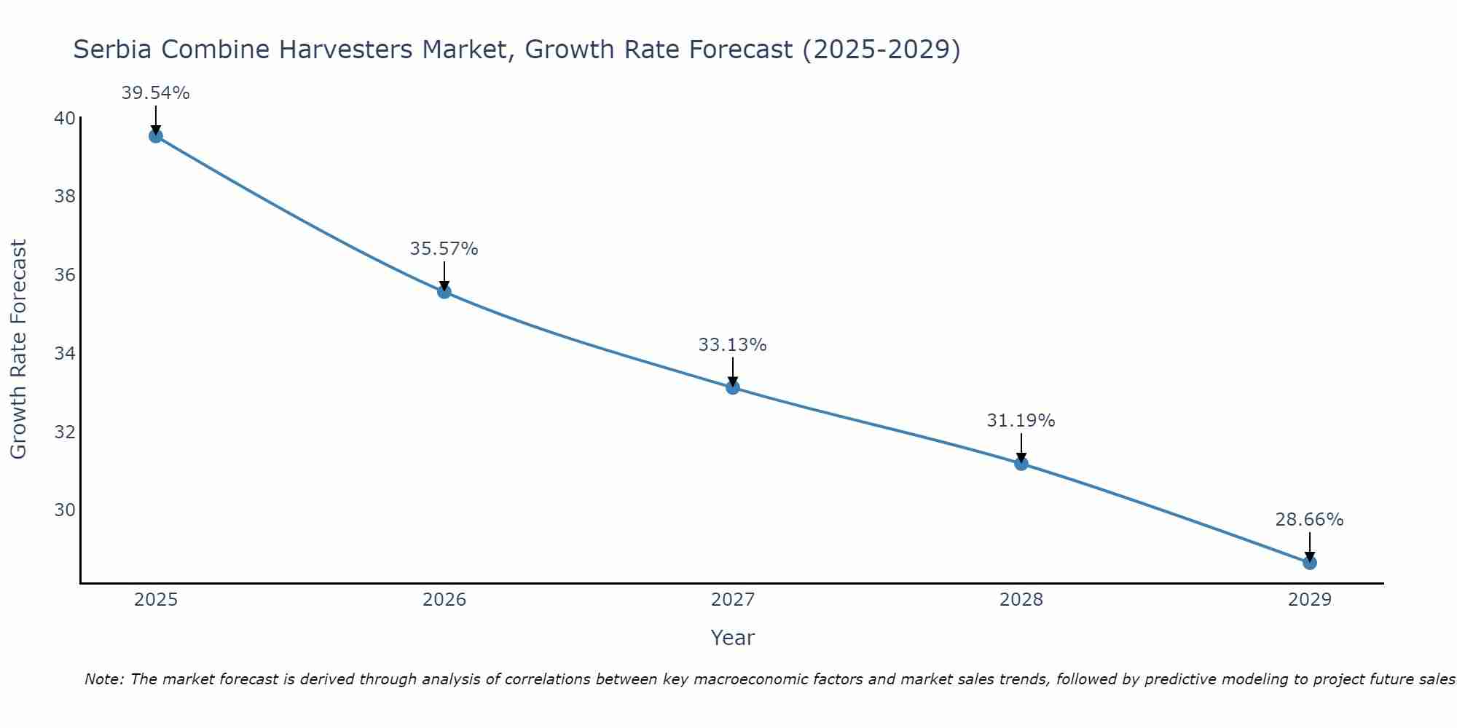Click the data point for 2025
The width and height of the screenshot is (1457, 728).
pyautogui.click(x=155, y=135)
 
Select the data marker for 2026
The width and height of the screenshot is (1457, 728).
pyautogui.click(x=444, y=292)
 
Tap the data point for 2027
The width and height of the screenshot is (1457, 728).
pyautogui.click(x=733, y=387)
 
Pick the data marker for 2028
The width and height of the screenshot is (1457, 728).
pyautogui.click(x=1021, y=463)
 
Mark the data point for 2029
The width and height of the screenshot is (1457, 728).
pyautogui.click(x=1310, y=563)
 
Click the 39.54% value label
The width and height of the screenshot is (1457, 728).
pyautogui.click(x=155, y=93)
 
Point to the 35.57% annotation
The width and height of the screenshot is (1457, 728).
pyautogui.click(x=444, y=249)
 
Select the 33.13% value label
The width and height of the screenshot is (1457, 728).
pyautogui.click(x=732, y=345)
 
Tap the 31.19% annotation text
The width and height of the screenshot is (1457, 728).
pyautogui.click(x=1021, y=421)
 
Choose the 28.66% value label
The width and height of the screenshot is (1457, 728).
pyautogui.click(x=1309, y=520)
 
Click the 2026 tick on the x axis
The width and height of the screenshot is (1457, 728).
pyautogui.click(x=444, y=600)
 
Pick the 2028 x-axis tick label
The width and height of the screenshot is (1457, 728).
pyautogui.click(x=1021, y=600)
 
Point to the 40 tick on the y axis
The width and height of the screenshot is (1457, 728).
pyautogui.click(x=65, y=118)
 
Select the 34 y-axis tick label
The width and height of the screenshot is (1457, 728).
pyautogui.click(x=65, y=354)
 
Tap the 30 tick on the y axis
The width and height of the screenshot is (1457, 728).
pyautogui.click(x=65, y=510)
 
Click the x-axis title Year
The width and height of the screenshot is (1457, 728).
pyautogui.click(x=732, y=638)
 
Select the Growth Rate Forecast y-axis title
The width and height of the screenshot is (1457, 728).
pyautogui.click(x=18, y=349)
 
